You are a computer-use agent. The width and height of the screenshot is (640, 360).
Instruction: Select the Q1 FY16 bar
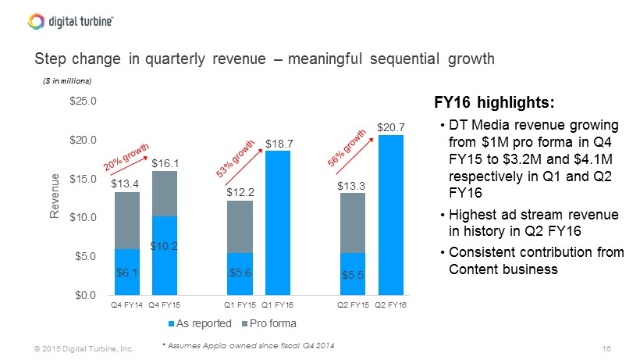click(x=279, y=223)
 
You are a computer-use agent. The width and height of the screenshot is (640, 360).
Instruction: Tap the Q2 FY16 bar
click(x=391, y=215)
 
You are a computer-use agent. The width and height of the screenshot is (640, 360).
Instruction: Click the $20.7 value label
click(x=391, y=127)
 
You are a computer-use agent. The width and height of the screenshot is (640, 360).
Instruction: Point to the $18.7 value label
click(x=279, y=143)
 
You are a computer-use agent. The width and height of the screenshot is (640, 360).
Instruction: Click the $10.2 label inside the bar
click(x=165, y=246)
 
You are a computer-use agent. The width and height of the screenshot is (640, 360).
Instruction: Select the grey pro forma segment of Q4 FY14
click(x=126, y=220)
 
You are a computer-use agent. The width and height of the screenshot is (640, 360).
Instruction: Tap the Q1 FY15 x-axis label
click(x=240, y=305)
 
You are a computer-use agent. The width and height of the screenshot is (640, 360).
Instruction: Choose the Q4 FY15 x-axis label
click(x=165, y=305)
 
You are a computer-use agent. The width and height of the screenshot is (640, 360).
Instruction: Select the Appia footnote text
click(x=247, y=346)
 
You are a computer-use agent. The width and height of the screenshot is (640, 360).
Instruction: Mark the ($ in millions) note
click(x=67, y=81)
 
